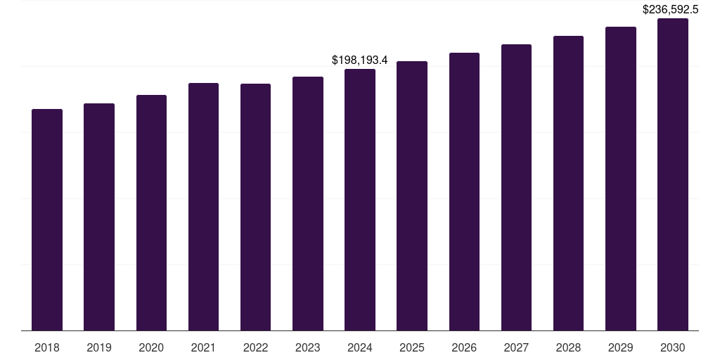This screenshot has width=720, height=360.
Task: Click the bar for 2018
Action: click(47, 219)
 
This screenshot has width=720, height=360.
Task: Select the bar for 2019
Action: click(99, 217)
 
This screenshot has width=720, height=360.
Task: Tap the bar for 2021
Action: click(203, 207)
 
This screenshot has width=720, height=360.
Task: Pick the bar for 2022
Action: click(255, 207)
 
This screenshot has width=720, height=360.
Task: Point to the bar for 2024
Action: click(360, 200)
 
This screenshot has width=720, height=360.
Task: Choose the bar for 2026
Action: click(464, 191)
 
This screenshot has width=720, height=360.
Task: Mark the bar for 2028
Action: click(568, 183)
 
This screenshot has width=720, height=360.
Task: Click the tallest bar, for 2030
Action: click(673, 174)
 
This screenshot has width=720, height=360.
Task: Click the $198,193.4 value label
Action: click(360, 60)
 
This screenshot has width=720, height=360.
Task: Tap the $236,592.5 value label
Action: click(670, 10)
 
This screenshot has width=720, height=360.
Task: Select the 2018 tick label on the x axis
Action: click(47, 347)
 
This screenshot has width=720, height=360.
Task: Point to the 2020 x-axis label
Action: click(151, 347)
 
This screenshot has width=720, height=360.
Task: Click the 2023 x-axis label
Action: click(308, 347)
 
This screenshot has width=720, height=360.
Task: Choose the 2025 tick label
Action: click(412, 347)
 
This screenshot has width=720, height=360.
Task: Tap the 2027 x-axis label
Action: click(516, 347)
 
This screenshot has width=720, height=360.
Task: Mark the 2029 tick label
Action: click(621, 347)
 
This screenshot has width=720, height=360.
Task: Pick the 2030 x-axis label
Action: click(673, 347)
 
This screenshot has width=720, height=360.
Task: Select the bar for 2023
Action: click(308, 203)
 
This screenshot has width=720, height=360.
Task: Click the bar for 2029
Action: click(621, 179)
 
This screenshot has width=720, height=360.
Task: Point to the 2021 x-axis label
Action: click(203, 347)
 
